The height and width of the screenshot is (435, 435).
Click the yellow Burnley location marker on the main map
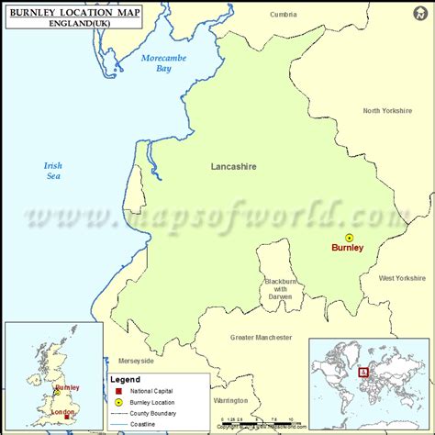[349, 237]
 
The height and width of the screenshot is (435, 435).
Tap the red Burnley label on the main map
[348, 248]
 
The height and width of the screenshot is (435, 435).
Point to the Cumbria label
[285, 14]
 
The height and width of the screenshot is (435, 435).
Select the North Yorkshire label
[388, 111]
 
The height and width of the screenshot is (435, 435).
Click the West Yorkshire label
[402, 278]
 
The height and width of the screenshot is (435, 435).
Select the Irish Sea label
[52, 171]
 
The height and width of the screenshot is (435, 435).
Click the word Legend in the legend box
[126, 379]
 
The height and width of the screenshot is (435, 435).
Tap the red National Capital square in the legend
[118, 391]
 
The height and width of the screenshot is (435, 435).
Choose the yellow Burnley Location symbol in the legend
[118, 402]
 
